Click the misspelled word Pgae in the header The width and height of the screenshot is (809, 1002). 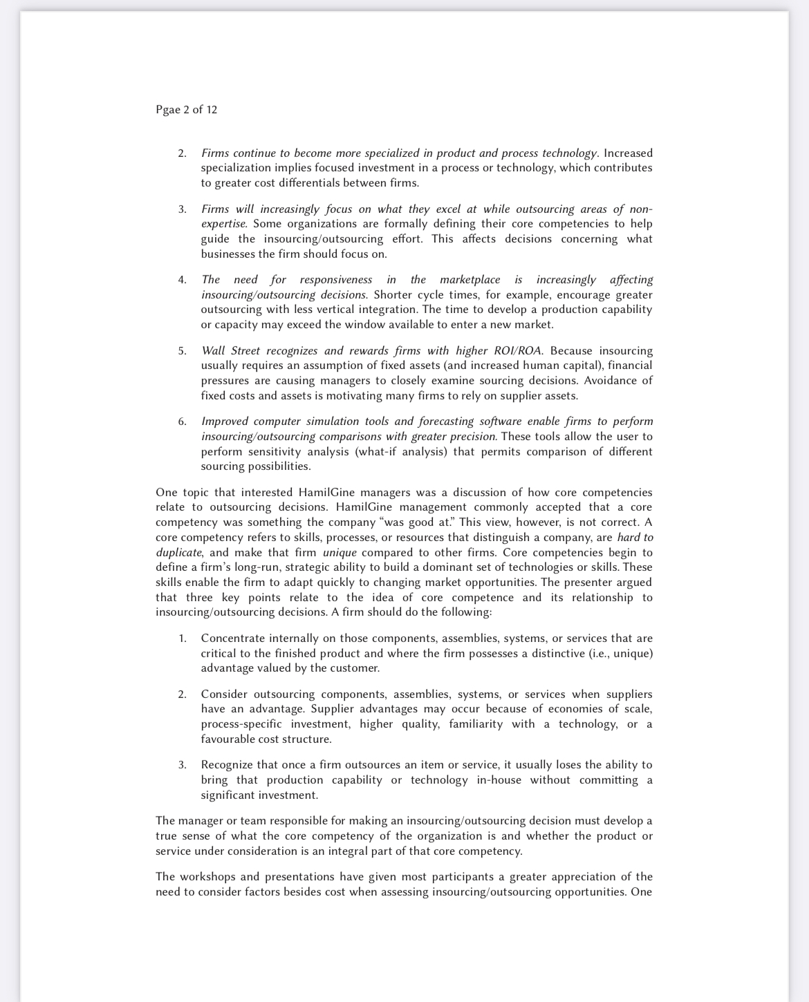click(x=168, y=110)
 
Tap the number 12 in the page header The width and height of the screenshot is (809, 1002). click(x=212, y=110)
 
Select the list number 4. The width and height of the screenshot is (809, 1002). click(x=182, y=280)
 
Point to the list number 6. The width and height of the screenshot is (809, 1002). click(x=182, y=422)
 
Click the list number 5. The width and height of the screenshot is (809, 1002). click(x=182, y=351)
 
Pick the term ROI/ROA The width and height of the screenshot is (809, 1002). click(x=518, y=350)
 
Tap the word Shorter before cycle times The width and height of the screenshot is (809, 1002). click(x=393, y=294)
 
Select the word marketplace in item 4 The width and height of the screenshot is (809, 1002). click(x=469, y=279)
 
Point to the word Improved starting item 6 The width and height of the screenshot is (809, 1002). click(x=224, y=422)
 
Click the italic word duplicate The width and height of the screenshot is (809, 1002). click(x=178, y=552)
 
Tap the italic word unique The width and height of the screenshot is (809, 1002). click(x=340, y=552)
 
